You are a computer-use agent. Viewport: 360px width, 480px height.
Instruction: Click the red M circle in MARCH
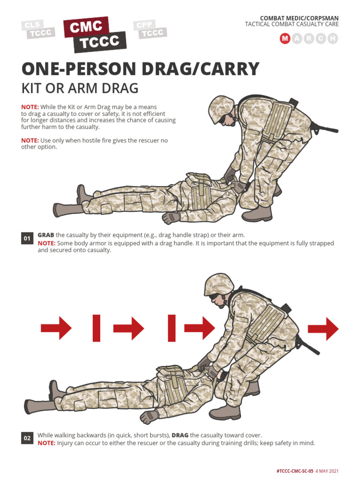[285, 39]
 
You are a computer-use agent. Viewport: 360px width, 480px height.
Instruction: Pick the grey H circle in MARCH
[333, 39]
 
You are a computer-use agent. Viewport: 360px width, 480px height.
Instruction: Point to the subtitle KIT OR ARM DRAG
[80, 88]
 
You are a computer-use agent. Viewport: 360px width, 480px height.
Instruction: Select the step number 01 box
[27, 239]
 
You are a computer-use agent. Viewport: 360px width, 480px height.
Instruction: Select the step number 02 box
[27, 439]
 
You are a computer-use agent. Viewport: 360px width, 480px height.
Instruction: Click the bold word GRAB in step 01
[46, 235]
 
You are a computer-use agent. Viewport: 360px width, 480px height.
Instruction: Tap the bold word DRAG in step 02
[180, 435]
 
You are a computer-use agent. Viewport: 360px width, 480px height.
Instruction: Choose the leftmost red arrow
[56, 328]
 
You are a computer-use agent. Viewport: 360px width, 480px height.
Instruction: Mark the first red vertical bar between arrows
[97, 328]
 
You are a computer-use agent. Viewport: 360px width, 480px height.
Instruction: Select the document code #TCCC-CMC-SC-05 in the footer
[294, 471]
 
